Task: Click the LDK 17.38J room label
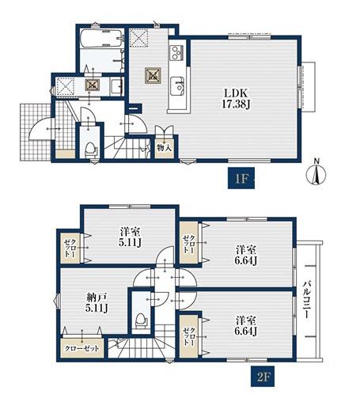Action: (x=236, y=99)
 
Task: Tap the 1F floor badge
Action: (x=241, y=178)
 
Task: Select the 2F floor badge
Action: (x=263, y=377)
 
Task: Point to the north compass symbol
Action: (x=316, y=174)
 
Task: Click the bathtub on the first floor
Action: (x=102, y=39)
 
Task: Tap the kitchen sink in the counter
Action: (x=177, y=86)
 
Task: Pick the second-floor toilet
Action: (x=142, y=320)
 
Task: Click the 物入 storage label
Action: (x=165, y=148)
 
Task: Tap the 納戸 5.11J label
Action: (x=97, y=303)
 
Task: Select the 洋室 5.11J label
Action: (x=130, y=237)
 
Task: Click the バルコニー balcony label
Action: (x=306, y=300)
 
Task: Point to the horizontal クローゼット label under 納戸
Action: (x=82, y=348)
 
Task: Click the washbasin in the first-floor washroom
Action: (x=116, y=85)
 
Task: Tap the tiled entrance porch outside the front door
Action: (x=36, y=132)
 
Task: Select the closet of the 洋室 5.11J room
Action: (x=70, y=248)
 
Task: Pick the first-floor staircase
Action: (x=127, y=148)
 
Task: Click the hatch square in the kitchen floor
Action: (x=153, y=75)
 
